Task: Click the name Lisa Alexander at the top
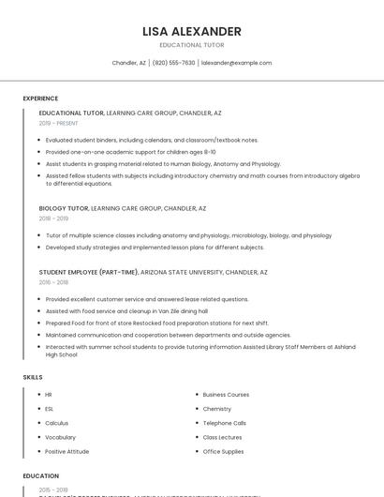point(192,31)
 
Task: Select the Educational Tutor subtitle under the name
point(192,45)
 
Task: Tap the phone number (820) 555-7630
point(173,63)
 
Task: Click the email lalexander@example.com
point(236,63)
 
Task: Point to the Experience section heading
point(40,98)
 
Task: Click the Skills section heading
point(33,377)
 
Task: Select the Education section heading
point(41,476)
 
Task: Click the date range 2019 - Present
point(58,123)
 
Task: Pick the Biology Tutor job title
point(64,208)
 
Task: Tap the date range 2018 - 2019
point(53,218)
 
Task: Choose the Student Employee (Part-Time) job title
point(88,272)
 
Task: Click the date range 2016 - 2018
point(53,282)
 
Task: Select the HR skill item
point(49,395)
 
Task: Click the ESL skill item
point(50,409)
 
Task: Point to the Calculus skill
point(57,423)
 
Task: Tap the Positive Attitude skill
point(67,451)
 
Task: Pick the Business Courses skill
point(226,395)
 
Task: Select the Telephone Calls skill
point(225,423)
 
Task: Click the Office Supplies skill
point(223,451)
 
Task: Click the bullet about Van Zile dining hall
point(126,310)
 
